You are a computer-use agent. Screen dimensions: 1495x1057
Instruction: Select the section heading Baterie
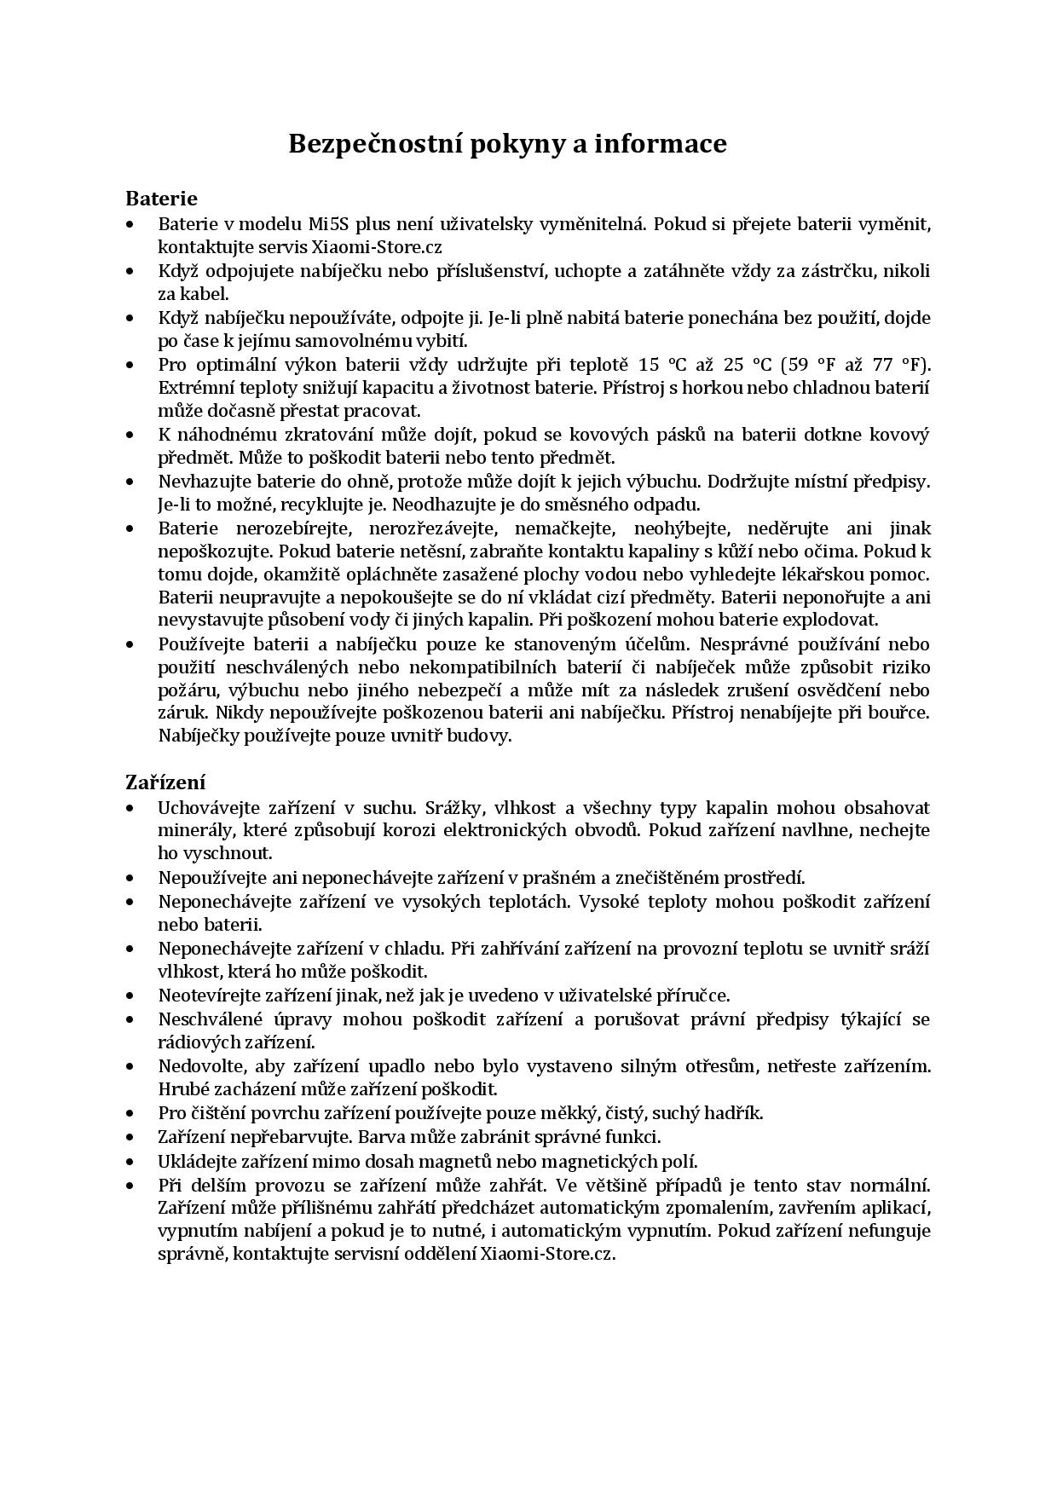[x=161, y=199]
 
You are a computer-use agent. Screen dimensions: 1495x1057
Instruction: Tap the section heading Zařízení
[x=165, y=782]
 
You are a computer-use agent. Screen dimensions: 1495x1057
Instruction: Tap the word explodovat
[x=831, y=620]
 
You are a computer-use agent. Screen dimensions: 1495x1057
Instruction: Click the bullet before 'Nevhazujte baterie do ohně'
[x=130, y=482]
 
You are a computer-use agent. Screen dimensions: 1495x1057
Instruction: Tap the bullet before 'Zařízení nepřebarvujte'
[x=130, y=1137]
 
